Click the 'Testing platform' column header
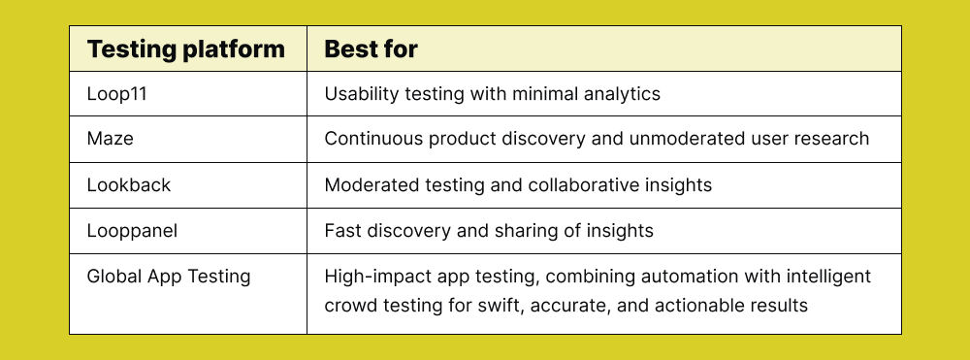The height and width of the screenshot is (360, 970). (x=185, y=49)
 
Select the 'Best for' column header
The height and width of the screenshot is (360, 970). (x=372, y=49)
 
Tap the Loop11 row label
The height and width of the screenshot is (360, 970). (x=117, y=94)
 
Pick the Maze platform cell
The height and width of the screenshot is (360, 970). (x=111, y=139)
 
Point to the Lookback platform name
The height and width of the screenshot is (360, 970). (x=129, y=185)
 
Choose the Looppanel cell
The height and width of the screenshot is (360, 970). (x=132, y=231)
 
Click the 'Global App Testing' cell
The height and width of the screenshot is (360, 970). (x=168, y=277)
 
